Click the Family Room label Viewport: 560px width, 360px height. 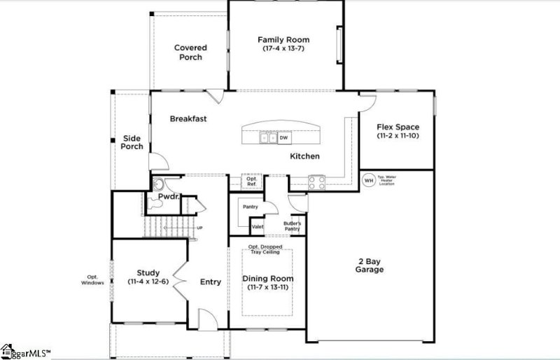click(283, 40)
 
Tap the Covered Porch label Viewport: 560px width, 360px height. click(190, 52)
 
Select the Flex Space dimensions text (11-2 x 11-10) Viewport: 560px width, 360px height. click(398, 135)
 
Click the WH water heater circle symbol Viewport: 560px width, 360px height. click(369, 181)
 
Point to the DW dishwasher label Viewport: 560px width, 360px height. click(283, 138)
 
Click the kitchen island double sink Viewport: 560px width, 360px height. click(267, 138)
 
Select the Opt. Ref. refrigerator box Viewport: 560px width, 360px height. click(252, 181)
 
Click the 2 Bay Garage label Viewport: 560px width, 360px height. click(369, 265)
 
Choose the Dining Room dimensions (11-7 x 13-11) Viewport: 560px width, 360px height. click(268, 288)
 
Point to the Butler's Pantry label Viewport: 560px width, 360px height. click(291, 226)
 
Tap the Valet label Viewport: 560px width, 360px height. click(257, 227)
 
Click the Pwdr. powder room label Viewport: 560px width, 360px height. click(169, 198)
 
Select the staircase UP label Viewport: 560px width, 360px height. click(199, 228)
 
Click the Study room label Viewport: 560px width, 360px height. click(148, 272)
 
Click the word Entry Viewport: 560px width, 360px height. click(211, 282)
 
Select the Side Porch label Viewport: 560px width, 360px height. click(132, 142)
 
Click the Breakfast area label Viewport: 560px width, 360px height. click(188, 119)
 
